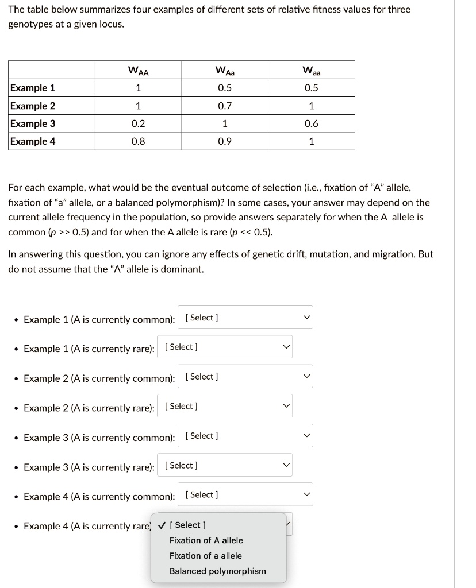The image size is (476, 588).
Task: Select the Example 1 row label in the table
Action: click(x=33, y=88)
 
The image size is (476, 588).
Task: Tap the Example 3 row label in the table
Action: click(x=33, y=123)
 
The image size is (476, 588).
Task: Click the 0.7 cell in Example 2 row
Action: click(x=225, y=106)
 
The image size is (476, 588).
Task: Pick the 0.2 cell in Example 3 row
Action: click(x=138, y=123)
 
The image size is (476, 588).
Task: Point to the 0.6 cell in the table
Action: click(x=311, y=123)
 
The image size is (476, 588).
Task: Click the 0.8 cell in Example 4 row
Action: click(x=138, y=141)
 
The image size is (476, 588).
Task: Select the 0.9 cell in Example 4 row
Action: click(x=225, y=141)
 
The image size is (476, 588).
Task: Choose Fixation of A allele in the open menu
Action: click(x=206, y=540)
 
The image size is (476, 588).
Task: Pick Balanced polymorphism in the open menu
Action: click(x=217, y=571)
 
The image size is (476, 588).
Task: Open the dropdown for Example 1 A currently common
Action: click(x=245, y=318)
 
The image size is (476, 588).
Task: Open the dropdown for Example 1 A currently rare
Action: click(x=225, y=347)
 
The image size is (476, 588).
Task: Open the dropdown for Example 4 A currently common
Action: click(x=245, y=495)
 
